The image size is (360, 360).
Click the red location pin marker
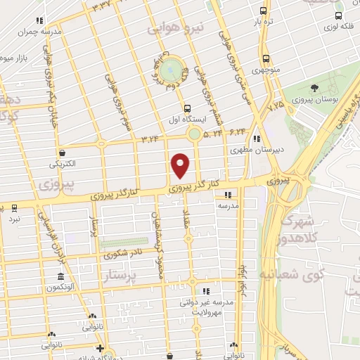tap(181, 165)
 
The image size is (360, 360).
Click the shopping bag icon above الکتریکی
tap(63, 152)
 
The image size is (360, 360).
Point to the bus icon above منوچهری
tap(266, 59)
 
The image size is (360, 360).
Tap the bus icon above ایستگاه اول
tap(187, 108)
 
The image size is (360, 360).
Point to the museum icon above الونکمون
tap(61, 276)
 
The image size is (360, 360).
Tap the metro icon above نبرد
tap(15, 208)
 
